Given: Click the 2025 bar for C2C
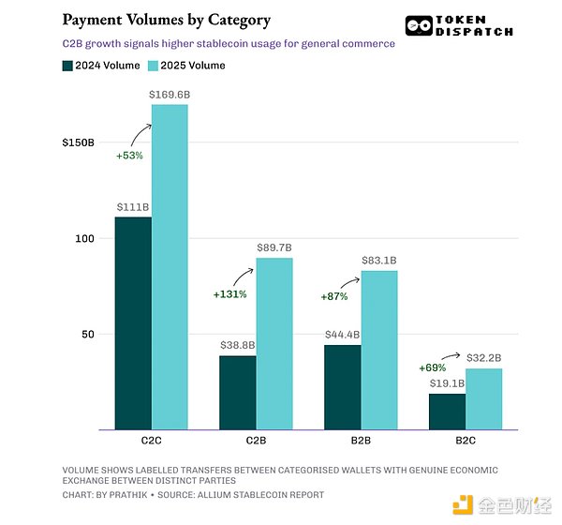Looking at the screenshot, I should point(170,267).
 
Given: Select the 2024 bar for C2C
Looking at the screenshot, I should point(133,323).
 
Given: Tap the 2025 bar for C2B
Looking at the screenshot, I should point(274,343).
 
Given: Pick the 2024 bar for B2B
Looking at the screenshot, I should point(342,387).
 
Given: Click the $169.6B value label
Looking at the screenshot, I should point(170,95).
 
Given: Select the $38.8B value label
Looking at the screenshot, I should point(238,346).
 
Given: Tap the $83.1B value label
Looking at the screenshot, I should point(379,260).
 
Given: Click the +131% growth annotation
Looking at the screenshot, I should point(230,294).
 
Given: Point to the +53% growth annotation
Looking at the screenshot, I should point(129,155).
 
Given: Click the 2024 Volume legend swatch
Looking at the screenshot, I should point(67,66).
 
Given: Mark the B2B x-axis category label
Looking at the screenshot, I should point(361,440).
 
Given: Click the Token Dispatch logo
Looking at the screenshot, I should point(459,25).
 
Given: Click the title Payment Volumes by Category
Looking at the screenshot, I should point(166,20).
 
